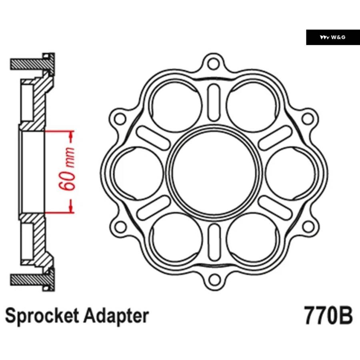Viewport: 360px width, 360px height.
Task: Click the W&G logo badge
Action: coord(333,37)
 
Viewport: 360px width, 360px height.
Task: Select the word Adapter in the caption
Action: coord(116,316)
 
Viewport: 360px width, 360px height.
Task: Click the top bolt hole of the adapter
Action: coord(214,64)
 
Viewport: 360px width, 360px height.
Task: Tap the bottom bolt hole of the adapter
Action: coord(214,280)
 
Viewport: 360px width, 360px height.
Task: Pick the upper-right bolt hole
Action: coord(308,119)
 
